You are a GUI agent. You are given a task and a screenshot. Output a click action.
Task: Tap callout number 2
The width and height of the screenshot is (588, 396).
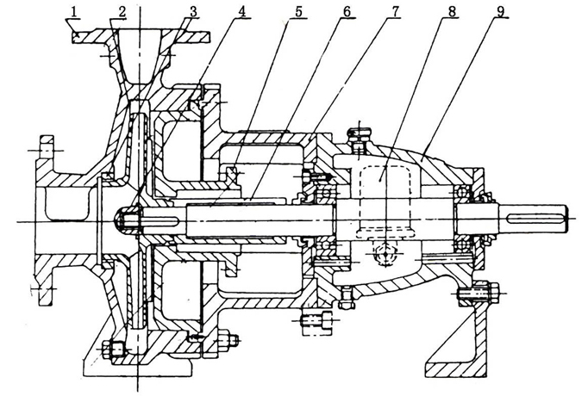[x=122, y=13]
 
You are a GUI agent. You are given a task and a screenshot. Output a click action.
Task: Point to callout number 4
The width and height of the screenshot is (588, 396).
[x=243, y=13]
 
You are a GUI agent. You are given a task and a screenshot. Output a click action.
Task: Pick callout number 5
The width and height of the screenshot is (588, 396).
[x=297, y=13]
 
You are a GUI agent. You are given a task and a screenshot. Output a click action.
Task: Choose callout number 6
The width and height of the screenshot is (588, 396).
[x=347, y=13]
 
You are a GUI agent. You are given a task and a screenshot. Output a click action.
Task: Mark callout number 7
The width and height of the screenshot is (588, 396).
[x=395, y=13]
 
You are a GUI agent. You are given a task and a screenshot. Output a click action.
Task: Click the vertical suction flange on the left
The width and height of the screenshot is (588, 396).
[x=43, y=220]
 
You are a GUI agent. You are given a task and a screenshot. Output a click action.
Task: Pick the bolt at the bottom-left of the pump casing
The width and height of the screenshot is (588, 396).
[x=114, y=350]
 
